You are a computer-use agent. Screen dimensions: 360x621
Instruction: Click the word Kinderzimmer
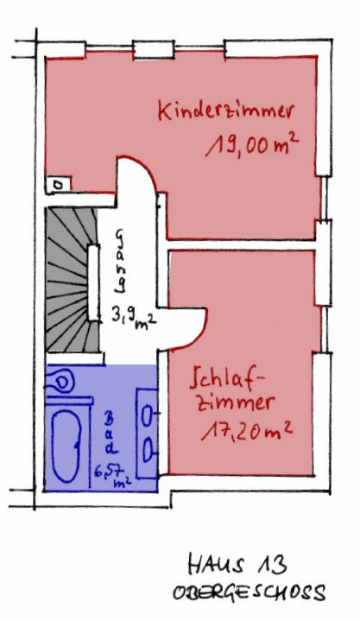[x=226, y=110]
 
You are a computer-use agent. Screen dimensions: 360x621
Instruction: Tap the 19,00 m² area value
[x=252, y=147]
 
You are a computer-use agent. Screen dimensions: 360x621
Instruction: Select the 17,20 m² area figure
[x=248, y=430]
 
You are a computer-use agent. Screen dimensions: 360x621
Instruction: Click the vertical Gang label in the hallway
[x=120, y=262]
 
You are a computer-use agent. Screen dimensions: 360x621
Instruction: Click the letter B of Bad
[x=110, y=418]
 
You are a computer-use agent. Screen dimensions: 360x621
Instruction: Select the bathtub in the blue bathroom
[x=67, y=445]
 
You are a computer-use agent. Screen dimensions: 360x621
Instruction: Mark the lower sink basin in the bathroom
[x=148, y=450]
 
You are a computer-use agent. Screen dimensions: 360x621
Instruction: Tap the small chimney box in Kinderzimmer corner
[x=58, y=185]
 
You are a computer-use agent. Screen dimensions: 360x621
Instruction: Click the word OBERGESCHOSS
[x=249, y=592]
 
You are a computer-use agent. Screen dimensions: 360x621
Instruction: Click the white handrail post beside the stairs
[x=93, y=282]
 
